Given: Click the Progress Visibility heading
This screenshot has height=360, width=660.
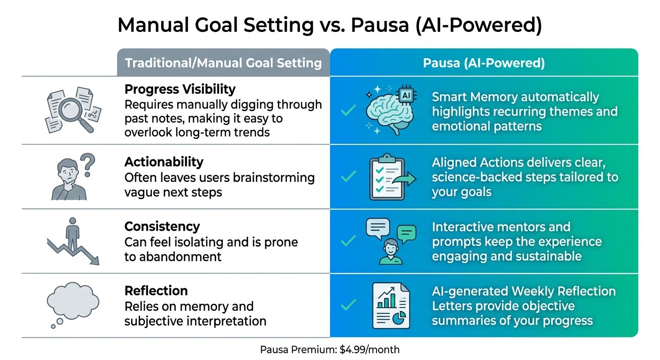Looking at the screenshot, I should click(180, 89).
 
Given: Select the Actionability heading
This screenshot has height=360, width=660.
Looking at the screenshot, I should click(164, 162).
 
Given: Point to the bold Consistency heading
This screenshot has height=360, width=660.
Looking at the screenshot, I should click(162, 227).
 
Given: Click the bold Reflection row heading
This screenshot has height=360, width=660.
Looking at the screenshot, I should click(156, 291).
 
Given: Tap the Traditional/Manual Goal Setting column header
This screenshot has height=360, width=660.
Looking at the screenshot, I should click(223, 63).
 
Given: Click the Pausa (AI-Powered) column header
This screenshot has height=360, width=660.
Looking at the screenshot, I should click(484, 63).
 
